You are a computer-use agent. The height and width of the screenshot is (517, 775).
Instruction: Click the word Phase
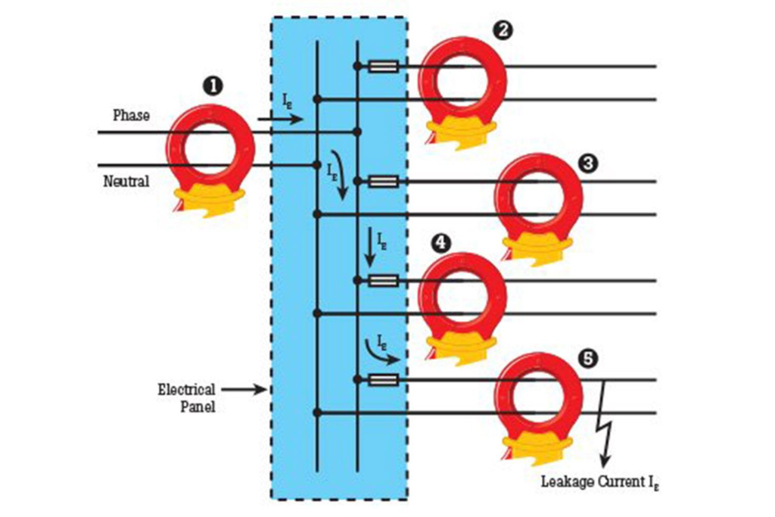tap(131, 116)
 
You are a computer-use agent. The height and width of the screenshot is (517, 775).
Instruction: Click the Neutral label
tap(126, 182)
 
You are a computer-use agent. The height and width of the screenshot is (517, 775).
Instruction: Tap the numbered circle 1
tap(214, 86)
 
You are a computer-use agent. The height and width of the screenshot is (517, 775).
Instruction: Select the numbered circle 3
tap(587, 163)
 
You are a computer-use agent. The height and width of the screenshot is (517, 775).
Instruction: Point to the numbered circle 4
tap(440, 243)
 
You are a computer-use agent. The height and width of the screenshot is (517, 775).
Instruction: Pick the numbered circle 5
tap(587, 358)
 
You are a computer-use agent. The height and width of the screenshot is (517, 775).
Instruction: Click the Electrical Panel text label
tap(186, 397)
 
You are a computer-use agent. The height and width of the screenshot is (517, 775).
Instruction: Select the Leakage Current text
tap(601, 481)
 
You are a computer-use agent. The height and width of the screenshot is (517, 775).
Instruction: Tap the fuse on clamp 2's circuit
tap(383, 67)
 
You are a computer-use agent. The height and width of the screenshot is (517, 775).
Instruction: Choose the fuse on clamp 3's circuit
tap(383, 182)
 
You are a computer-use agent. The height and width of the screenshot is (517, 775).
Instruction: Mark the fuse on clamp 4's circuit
tap(383, 281)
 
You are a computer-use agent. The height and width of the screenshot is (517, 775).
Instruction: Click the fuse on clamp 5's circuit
tap(383, 381)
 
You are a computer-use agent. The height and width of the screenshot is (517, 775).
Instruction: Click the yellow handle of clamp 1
tap(209, 198)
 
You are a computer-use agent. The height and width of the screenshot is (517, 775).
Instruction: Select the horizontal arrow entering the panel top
tap(280, 120)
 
